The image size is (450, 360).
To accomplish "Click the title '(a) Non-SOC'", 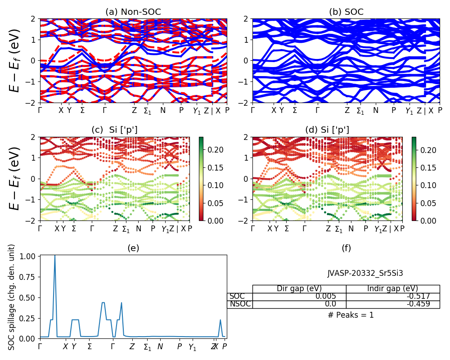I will [x=133, y=12].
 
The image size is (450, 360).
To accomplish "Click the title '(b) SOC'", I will [x=346, y=12].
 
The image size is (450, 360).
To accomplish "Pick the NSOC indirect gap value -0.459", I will [x=418, y=304].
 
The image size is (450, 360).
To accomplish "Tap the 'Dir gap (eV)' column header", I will [x=299, y=289].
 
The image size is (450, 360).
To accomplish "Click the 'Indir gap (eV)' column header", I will [x=392, y=289].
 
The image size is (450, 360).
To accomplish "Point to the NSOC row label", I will [x=239, y=304].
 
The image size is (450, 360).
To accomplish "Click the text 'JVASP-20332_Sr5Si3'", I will [x=365, y=273].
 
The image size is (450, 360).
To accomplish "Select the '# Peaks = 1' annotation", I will [x=351, y=315].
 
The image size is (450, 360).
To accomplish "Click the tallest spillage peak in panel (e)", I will [x=55, y=256].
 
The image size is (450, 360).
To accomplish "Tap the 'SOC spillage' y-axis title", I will [x=12, y=297].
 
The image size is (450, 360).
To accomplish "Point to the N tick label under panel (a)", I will [x=163, y=111].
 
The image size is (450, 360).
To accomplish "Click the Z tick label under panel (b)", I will [x=347, y=111].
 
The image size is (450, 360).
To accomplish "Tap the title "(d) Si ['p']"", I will [x=327, y=130].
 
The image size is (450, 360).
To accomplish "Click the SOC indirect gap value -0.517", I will [x=418, y=297].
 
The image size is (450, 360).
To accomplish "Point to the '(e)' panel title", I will [x=133, y=248].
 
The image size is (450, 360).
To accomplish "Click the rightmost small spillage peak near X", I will [x=220, y=320].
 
